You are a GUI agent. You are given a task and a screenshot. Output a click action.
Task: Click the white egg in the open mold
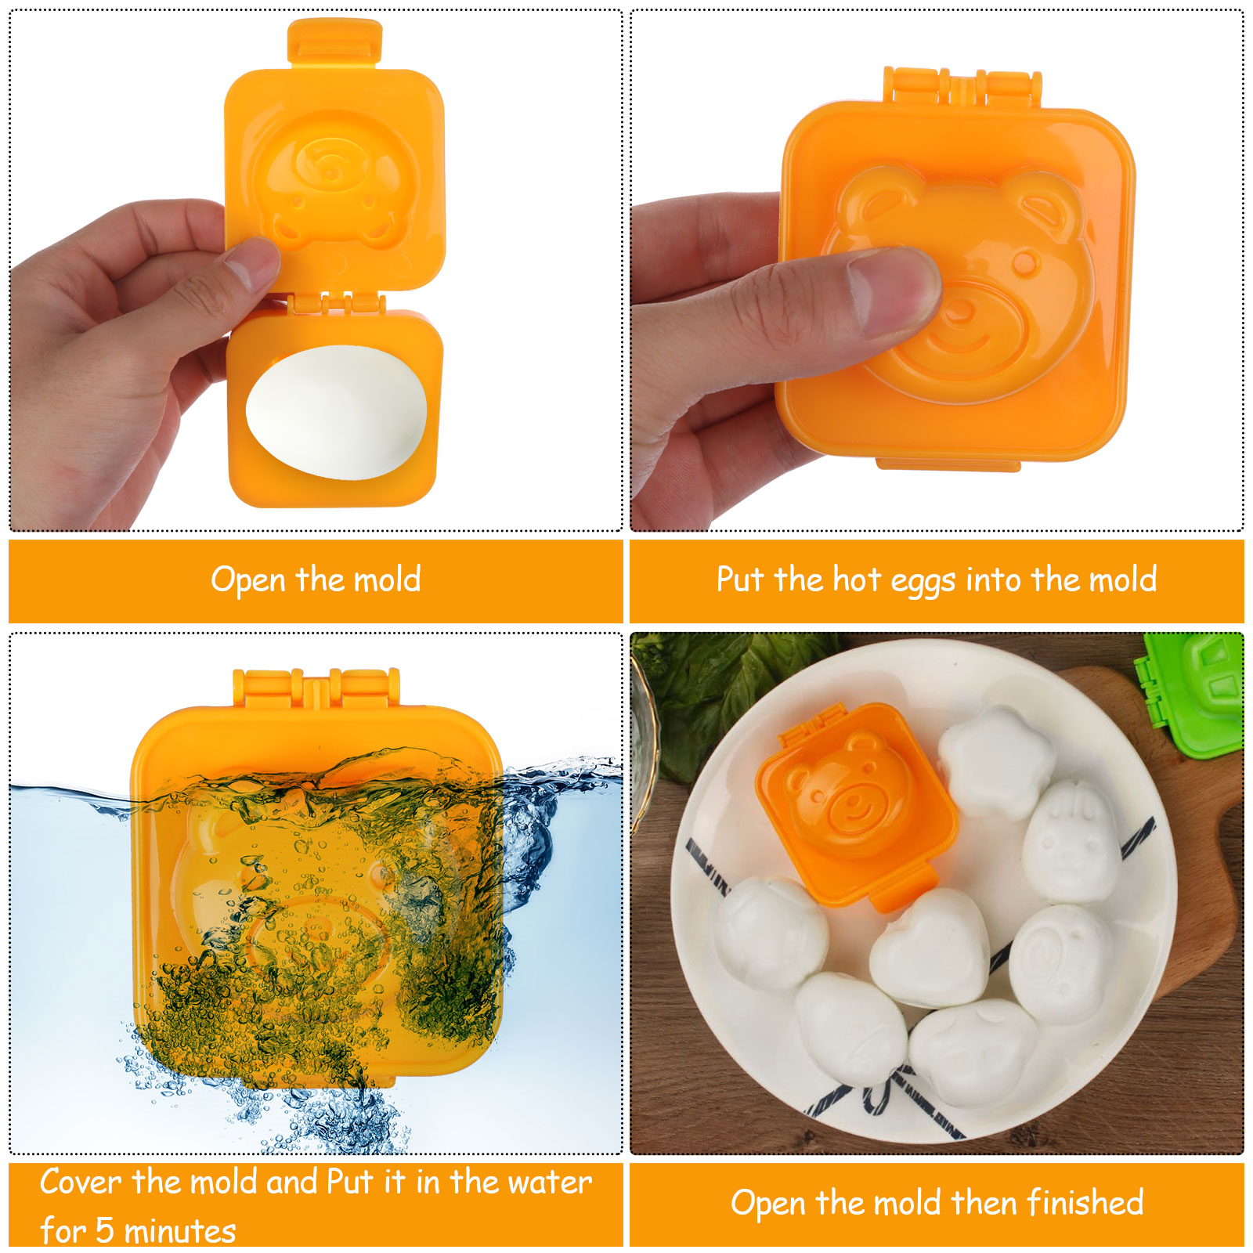point(336,411)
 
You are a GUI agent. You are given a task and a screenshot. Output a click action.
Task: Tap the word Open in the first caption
point(248,580)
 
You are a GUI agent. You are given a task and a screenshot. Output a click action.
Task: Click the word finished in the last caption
point(1085,1202)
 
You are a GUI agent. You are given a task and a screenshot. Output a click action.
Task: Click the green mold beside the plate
point(1192,693)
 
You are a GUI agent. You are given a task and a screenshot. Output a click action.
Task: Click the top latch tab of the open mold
point(335,43)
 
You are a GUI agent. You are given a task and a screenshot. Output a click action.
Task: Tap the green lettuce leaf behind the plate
point(720,689)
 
